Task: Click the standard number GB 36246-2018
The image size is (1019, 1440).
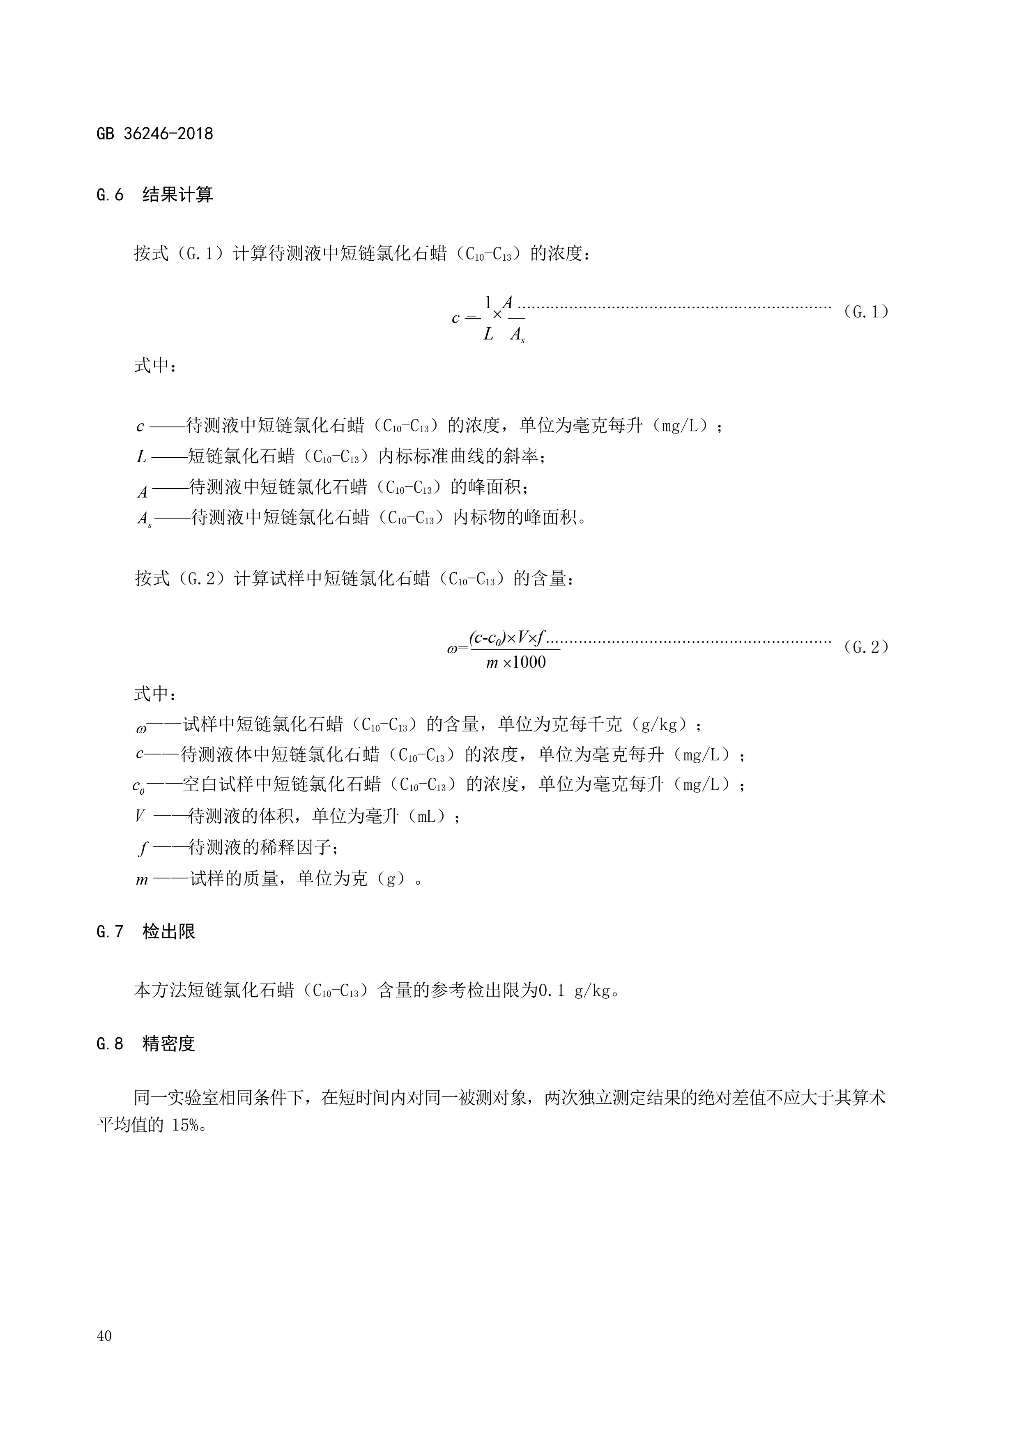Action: pos(155,133)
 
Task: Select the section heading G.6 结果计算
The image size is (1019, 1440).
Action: pos(155,195)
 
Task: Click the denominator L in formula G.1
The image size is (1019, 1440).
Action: pos(488,334)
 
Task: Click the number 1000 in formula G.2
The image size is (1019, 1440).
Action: pos(529,662)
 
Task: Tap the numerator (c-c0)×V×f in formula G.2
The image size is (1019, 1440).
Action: pos(507,638)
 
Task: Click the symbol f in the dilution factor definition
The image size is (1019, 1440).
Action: pos(143,848)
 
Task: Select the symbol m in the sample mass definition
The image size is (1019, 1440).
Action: pos(142,879)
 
